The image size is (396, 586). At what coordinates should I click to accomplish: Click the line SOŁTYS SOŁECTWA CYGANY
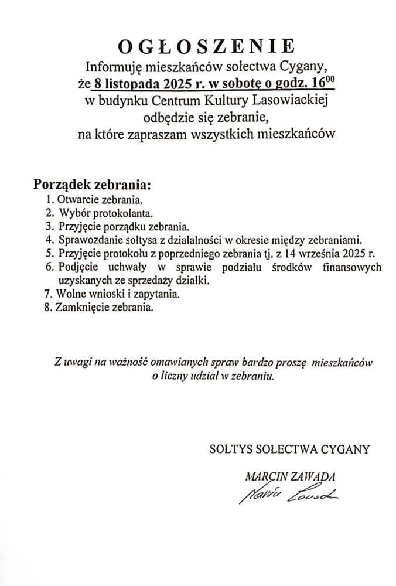pos(289,450)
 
